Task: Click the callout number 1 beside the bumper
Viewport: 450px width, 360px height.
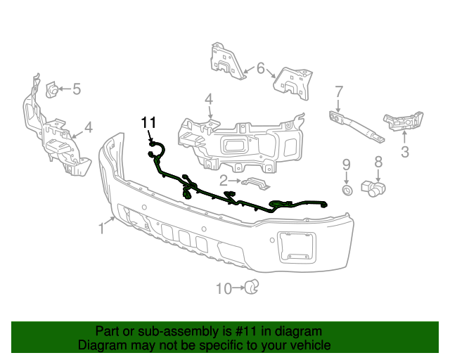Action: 101,228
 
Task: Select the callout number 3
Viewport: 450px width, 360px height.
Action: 405,150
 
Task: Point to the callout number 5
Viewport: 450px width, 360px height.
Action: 77,89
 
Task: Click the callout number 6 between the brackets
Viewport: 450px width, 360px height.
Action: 261,68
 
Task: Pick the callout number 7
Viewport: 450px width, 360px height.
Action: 338,91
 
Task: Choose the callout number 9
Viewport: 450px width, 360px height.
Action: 346,165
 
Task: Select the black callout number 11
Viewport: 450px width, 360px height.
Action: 148,123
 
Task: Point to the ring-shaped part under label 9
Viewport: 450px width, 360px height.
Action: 347,191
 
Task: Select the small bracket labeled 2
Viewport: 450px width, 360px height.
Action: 256,184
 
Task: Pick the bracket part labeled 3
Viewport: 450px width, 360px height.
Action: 402,122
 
